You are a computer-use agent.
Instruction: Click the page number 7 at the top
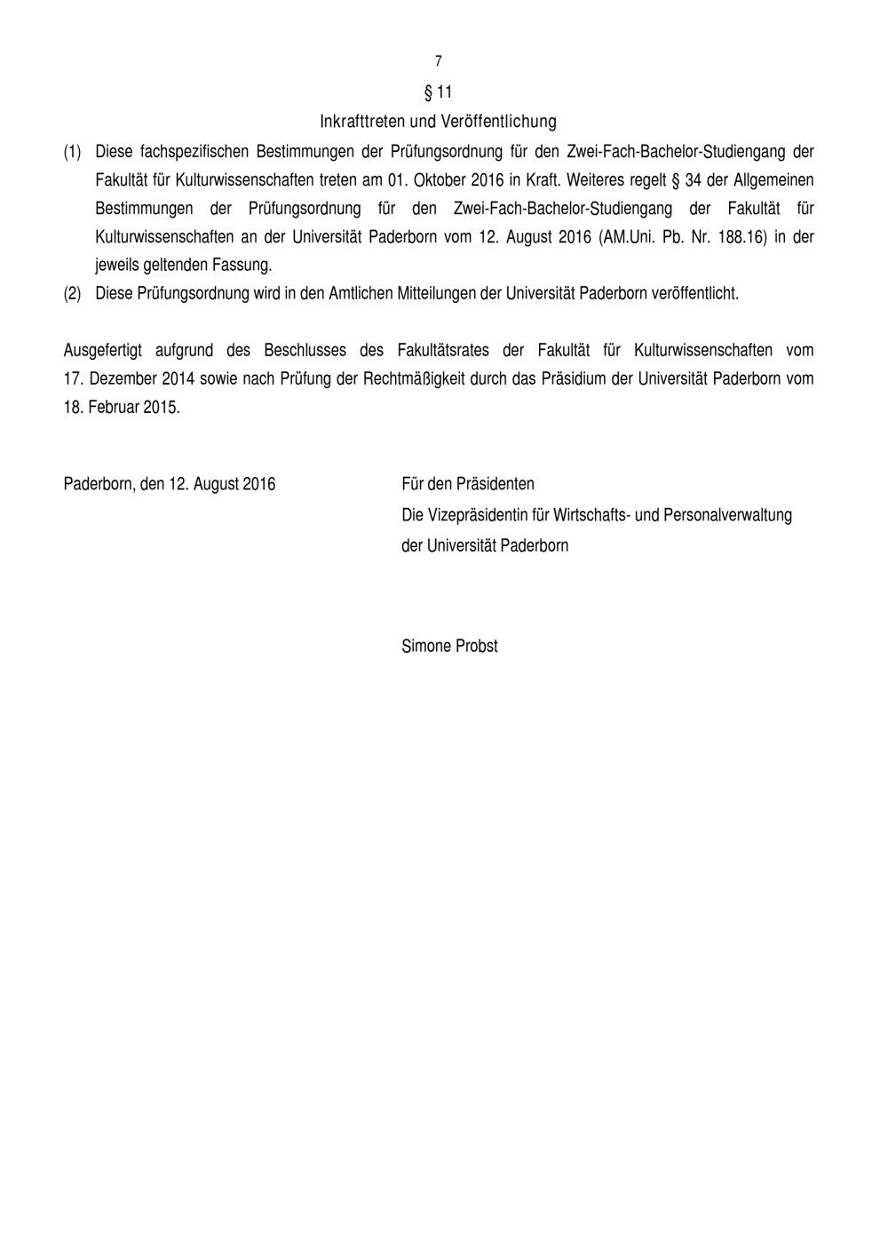(x=439, y=61)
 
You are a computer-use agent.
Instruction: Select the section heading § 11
(x=439, y=91)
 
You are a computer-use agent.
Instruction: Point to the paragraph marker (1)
(x=73, y=152)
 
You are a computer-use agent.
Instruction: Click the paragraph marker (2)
(x=73, y=293)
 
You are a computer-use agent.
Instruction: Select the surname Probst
(x=477, y=646)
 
